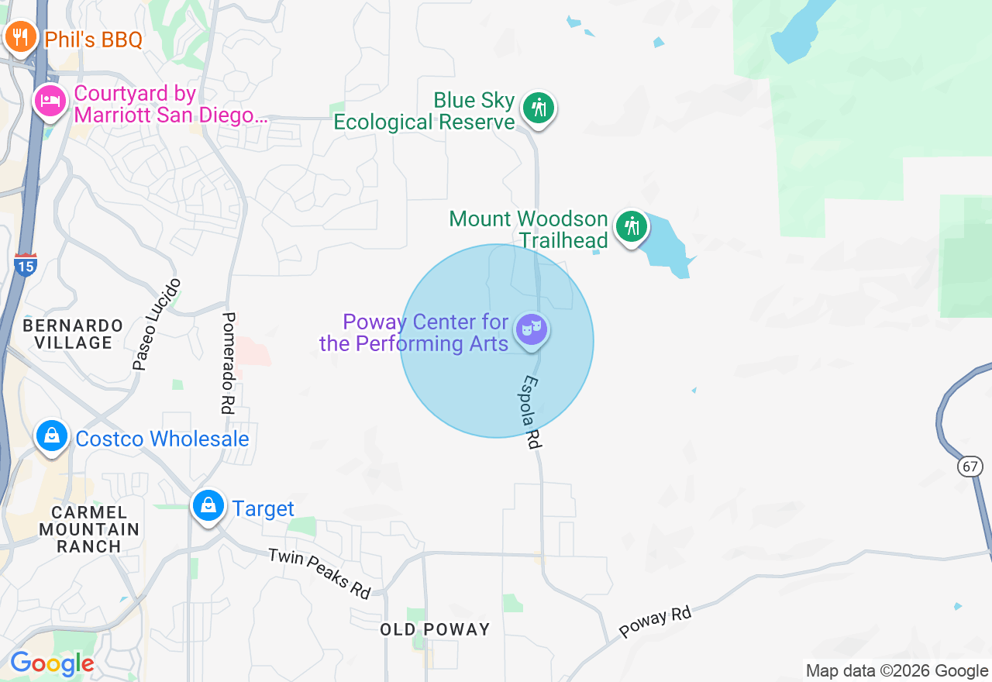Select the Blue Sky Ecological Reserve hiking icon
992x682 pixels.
point(538,108)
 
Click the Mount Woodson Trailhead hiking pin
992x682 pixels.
point(632,226)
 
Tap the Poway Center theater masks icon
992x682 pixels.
point(532,329)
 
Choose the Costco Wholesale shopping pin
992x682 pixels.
point(51,436)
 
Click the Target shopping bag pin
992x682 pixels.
point(208,505)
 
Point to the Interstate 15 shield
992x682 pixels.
point(25,265)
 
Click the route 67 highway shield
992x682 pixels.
point(969,466)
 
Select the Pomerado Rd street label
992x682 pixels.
point(229,363)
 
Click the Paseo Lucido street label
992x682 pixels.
point(157,323)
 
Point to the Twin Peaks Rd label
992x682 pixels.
point(319,573)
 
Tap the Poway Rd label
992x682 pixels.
point(655,622)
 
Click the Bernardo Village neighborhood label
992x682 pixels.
point(73,333)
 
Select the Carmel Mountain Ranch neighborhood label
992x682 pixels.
point(89,529)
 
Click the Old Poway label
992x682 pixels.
point(435,629)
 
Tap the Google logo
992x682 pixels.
point(52,663)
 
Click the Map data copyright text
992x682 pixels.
point(897,671)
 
